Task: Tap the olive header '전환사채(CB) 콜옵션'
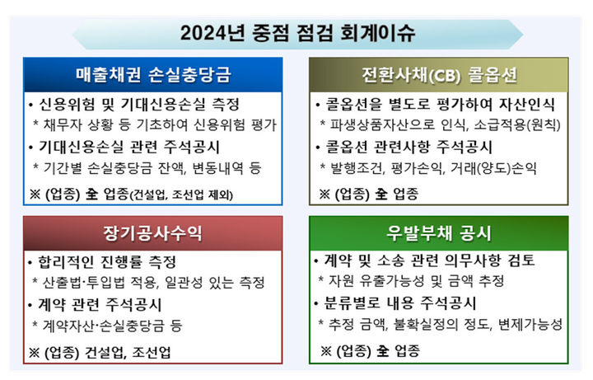pyautogui.click(x=439, y=77)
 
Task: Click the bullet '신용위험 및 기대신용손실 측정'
pyautogui.click(x=138, y=106)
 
